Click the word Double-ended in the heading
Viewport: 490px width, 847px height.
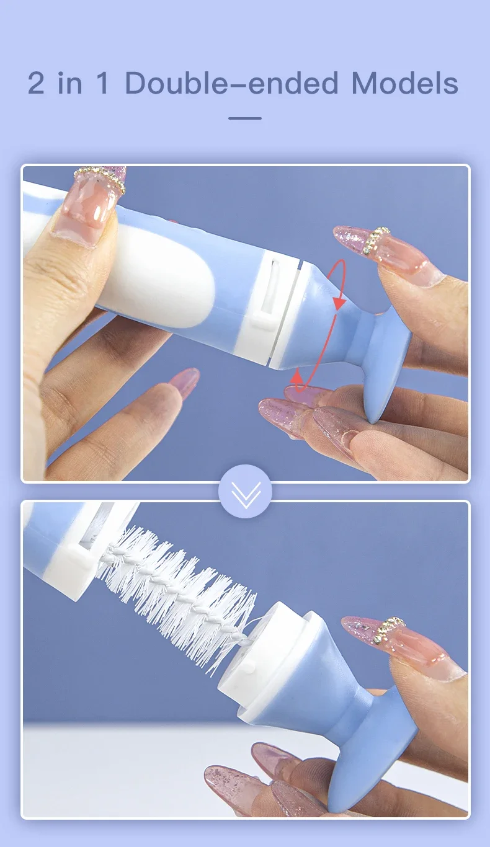click(231, 83)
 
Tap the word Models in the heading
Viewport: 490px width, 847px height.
click(405, 83)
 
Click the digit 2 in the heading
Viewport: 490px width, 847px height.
click(36, 83)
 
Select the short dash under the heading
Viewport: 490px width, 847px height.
click(245, 118)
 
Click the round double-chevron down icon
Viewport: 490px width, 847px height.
click(245, 491)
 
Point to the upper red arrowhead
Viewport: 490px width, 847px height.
click(340, 303)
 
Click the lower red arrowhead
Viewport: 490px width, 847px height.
click(297, 376)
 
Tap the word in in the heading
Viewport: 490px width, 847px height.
click(70, 83)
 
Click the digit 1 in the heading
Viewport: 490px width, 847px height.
click(102, 83)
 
